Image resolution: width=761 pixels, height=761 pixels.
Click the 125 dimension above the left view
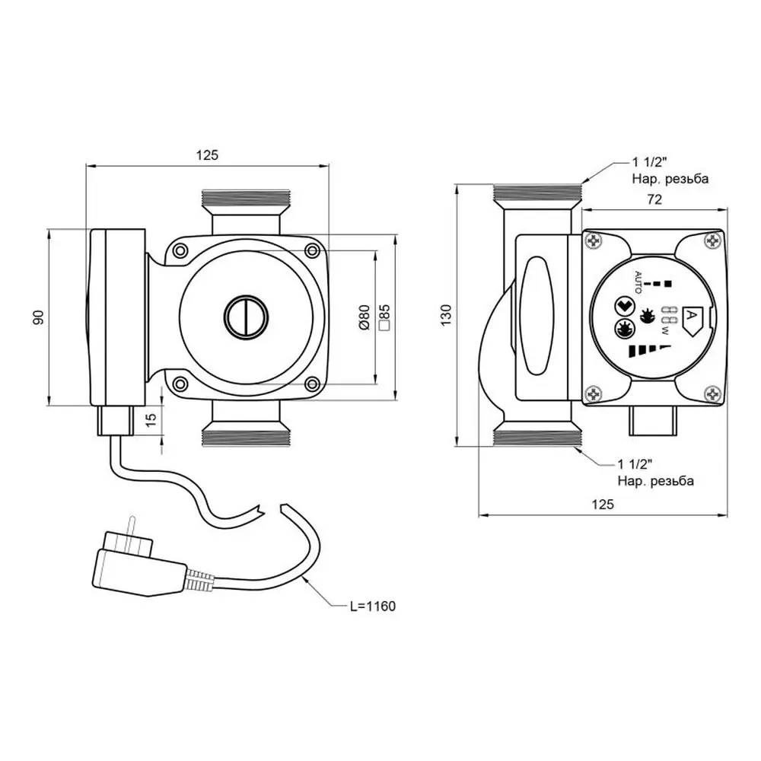pos(207,154)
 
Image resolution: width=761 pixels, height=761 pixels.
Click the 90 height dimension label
pos(38,317)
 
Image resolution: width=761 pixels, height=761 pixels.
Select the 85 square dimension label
pos(384,317)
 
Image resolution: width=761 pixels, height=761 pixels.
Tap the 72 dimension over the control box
pos(653,200)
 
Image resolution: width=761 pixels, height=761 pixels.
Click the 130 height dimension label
pos(446,313)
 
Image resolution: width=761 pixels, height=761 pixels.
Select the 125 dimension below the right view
pos(601,504)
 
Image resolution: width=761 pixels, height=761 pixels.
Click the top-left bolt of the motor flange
pos(180,250)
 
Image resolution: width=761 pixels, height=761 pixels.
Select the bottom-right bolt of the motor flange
pos(311,383)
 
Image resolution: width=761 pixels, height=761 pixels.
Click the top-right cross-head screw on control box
pos(712,242)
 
